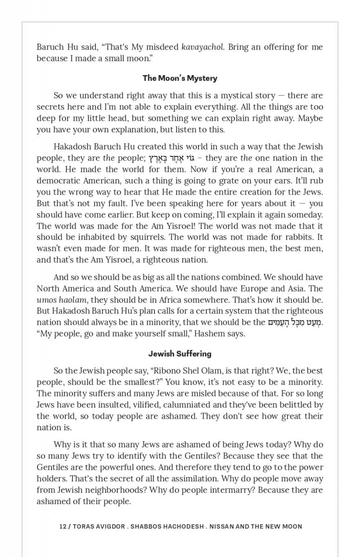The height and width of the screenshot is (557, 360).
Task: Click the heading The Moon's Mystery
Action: (180, 78)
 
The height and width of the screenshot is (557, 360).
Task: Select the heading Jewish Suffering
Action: (180, 354)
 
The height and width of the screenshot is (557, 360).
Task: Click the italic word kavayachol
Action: (201, 47)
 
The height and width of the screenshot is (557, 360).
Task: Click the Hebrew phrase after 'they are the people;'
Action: (171, 158)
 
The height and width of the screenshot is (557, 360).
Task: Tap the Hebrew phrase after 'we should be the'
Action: (295, 322)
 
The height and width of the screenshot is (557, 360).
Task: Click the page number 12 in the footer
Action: (63, 526)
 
